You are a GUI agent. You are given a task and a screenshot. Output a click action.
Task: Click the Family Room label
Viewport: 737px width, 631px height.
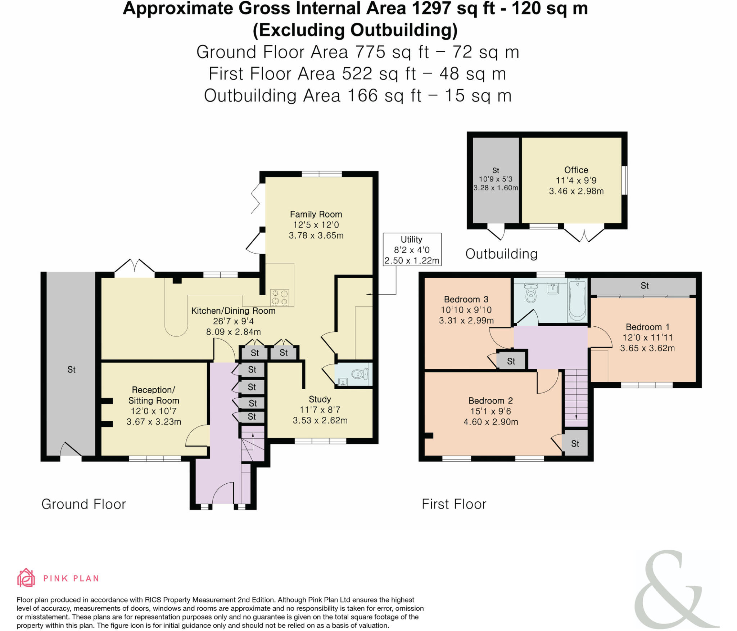pyautogui.click(x=316, y=214)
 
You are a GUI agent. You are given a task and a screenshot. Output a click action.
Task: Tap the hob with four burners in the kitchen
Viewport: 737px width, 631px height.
pyautogui.click(x=280, y=297)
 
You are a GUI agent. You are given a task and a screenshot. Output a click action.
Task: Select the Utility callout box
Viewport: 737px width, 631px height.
pyautogui.click(x=412, y=249)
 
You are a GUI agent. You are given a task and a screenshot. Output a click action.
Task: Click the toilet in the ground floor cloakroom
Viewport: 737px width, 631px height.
pyautogui.click(x=359, y=374)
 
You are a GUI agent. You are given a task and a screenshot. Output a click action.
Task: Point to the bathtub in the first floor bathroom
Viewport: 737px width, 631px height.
pyautogui.click(x=577, y=300)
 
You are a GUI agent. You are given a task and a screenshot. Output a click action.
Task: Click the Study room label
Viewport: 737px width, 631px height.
pyautogui.click(x=320, y=399)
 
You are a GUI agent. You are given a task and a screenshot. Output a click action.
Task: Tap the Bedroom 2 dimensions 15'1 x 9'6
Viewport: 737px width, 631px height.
pyautogui.click(x=490, y=411)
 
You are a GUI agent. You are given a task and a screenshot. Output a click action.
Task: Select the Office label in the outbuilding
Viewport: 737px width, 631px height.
pyautogui.click(x=576, y=170)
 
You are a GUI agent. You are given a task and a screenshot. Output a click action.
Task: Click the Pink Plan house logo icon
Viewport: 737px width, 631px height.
pyautogui.click(x=26, y=578)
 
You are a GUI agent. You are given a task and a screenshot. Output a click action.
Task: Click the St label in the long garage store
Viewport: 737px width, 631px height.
pyautogui.click(x=71, y=370)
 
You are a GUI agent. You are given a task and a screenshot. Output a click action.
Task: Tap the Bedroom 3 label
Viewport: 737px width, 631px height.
pyautogui.click(x=466, y=299)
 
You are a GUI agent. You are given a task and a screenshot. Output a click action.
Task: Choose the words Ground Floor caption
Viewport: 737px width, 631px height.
pyautogui.click(x=83, y=504)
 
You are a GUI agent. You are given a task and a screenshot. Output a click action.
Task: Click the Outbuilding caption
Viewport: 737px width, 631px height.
pyautogui.click(x=501, y=254)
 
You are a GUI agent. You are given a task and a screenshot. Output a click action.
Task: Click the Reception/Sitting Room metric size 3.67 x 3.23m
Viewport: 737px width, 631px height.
pyautogui.click(x=154, y=421)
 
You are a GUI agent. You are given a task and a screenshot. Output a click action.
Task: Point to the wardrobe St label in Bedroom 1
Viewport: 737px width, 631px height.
pyautogui.click(x=644, y=286)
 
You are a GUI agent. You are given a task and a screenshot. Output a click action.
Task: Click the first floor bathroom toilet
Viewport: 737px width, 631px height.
pyautogui.click(x=531, y=294)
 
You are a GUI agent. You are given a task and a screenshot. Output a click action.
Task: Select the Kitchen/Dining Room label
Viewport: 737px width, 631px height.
pyautogui.click(x=233, y=311)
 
